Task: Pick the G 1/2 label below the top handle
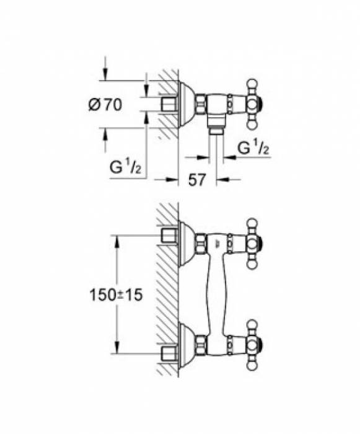(x=254, y=148)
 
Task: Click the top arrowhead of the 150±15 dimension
(x=116, y=239)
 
